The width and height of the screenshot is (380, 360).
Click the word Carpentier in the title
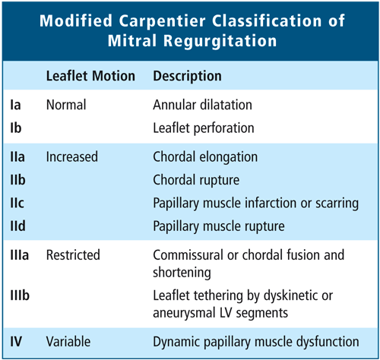tap(162, 21)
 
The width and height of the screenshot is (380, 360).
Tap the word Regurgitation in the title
tap(220, 40)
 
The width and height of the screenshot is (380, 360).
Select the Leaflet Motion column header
tap(90, 76)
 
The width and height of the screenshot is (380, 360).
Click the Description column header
tap(187, 76)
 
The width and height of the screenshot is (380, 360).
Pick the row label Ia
tap(15, 105)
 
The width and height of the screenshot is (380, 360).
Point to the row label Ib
tap(16, 128)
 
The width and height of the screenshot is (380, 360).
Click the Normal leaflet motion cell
tap(66, 105)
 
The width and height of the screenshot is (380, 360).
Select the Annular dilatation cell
tap(202, 105)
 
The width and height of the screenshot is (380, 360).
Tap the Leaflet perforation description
tap(204, 128)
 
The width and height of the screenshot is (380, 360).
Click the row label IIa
tap(17, 156)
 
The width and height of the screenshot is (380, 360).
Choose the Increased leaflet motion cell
tap(72, 156)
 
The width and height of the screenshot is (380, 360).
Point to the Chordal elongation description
tap(205, 157)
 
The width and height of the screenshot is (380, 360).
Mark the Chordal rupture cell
tap(196, 180)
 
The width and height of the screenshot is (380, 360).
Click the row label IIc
tap(17, 203)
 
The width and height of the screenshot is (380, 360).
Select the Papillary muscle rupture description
tap(219, 226)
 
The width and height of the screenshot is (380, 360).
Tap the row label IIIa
tap(20, 255)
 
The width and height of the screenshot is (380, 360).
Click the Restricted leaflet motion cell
tap(73, 255)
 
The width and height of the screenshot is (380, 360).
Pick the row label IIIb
tap(20, 295)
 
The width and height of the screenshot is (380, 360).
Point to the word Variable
tap(68, 342)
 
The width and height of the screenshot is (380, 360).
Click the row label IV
tap(16, 342)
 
